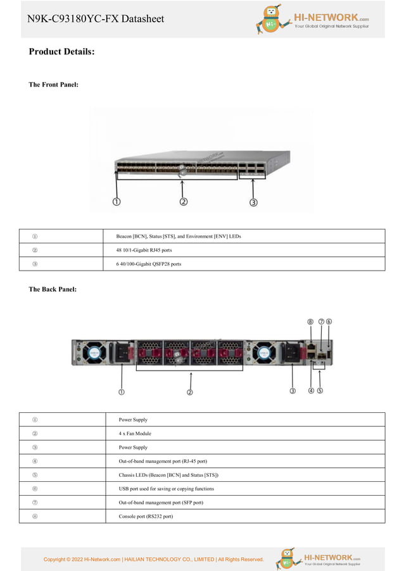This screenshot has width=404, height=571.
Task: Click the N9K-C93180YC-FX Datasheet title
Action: tap(96, 19)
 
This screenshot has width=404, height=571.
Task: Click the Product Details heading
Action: tap(61, 51)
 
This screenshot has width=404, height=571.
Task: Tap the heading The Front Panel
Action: tap(54, 84)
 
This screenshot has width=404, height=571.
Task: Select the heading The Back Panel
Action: tap(53, 289)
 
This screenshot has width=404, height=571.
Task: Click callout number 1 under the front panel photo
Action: tap(117, 202)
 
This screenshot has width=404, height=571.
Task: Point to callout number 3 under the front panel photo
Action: tap(253, 202)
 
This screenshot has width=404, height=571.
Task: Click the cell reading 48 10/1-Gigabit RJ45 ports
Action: tap(144, 250)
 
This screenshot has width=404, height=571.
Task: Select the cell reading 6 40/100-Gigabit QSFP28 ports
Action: tap(148, 264)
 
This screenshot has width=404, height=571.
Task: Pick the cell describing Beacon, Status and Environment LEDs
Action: tap(178, 236)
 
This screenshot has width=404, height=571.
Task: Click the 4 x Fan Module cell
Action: tap(135, 433)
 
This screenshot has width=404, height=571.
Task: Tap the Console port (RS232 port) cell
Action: tap(146, 516)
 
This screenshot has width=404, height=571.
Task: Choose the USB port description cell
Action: tap(166, 488)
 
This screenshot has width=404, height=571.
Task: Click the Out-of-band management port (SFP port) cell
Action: tap(161, 502)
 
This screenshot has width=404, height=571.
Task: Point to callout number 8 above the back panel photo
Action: tap(310, 322)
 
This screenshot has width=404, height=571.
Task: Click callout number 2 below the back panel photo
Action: tap(189, 391)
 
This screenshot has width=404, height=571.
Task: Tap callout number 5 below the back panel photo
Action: tap(320, 391)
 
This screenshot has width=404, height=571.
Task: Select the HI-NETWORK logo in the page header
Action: tap(313, 19)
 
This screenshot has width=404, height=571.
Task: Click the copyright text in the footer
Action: tap(153, 559)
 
